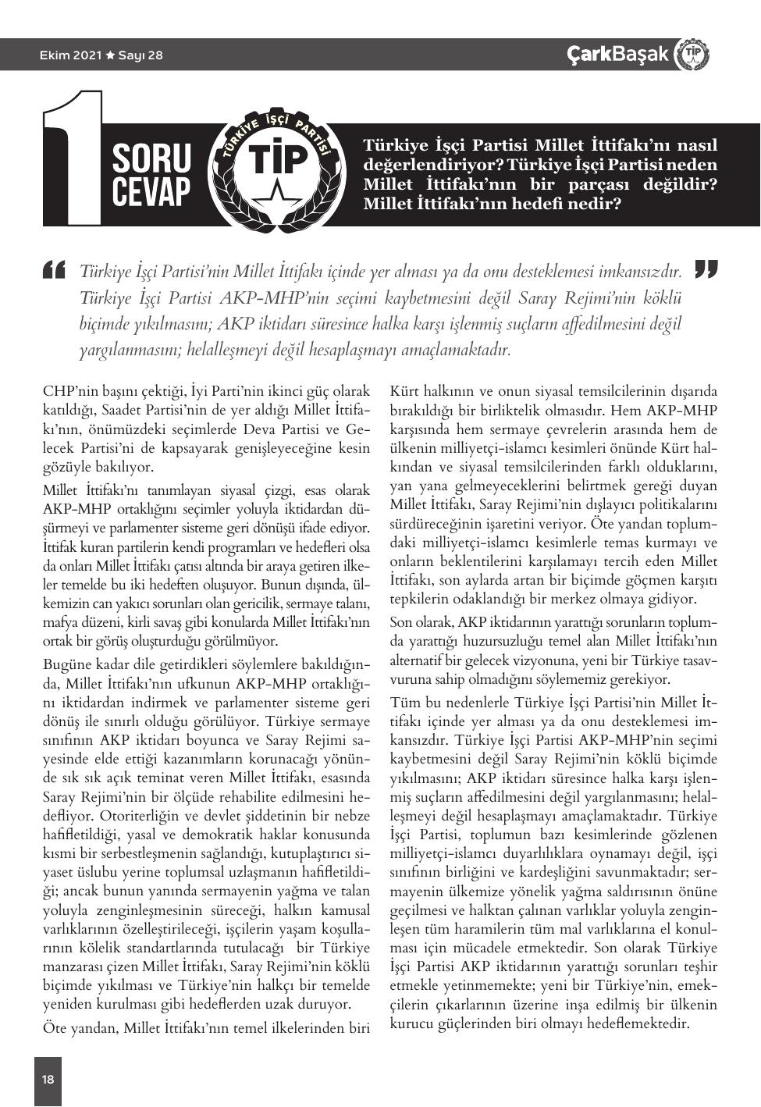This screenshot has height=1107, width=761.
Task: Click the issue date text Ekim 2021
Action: point(71,55)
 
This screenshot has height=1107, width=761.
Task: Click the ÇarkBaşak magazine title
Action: point(617,54)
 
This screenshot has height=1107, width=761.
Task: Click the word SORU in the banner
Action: point(151,158)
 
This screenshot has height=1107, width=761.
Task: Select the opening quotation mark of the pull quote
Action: point(55,269)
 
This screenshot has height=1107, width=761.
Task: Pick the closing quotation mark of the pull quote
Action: point(706,269)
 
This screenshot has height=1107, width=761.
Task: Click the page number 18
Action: point(48,1079)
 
